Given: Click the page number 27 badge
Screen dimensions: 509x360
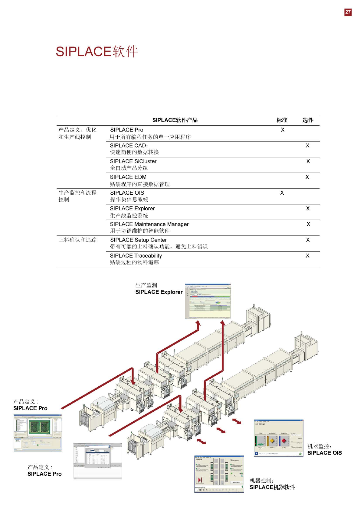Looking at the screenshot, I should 348,12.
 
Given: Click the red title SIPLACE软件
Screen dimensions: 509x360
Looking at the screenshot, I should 97,52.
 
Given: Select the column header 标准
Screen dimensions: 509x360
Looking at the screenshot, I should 282,120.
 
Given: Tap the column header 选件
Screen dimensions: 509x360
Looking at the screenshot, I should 308,120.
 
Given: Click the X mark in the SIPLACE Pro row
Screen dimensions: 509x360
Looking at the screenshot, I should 283,130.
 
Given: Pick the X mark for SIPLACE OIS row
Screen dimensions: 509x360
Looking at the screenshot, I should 282,193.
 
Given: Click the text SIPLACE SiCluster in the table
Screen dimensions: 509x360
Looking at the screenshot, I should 133,161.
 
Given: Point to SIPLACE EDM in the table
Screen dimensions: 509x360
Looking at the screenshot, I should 128,177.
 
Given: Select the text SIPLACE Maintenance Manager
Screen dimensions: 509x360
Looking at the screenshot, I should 149,224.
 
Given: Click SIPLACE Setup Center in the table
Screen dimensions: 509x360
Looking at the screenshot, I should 138,240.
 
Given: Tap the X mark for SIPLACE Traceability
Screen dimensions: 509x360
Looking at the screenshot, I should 307,256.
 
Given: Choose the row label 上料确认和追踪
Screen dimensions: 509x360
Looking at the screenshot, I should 77,240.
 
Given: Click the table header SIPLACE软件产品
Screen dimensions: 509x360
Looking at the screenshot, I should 175,120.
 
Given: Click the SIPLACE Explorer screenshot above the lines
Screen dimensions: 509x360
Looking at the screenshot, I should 208,301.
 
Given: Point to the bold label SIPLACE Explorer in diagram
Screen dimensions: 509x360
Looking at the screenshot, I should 159,292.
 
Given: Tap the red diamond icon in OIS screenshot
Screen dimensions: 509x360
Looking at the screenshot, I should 284,441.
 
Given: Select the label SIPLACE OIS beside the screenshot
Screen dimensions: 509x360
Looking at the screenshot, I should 324,453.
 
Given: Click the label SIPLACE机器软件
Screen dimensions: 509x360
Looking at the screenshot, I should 272,487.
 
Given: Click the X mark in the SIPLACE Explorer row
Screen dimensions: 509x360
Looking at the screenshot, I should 308,209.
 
